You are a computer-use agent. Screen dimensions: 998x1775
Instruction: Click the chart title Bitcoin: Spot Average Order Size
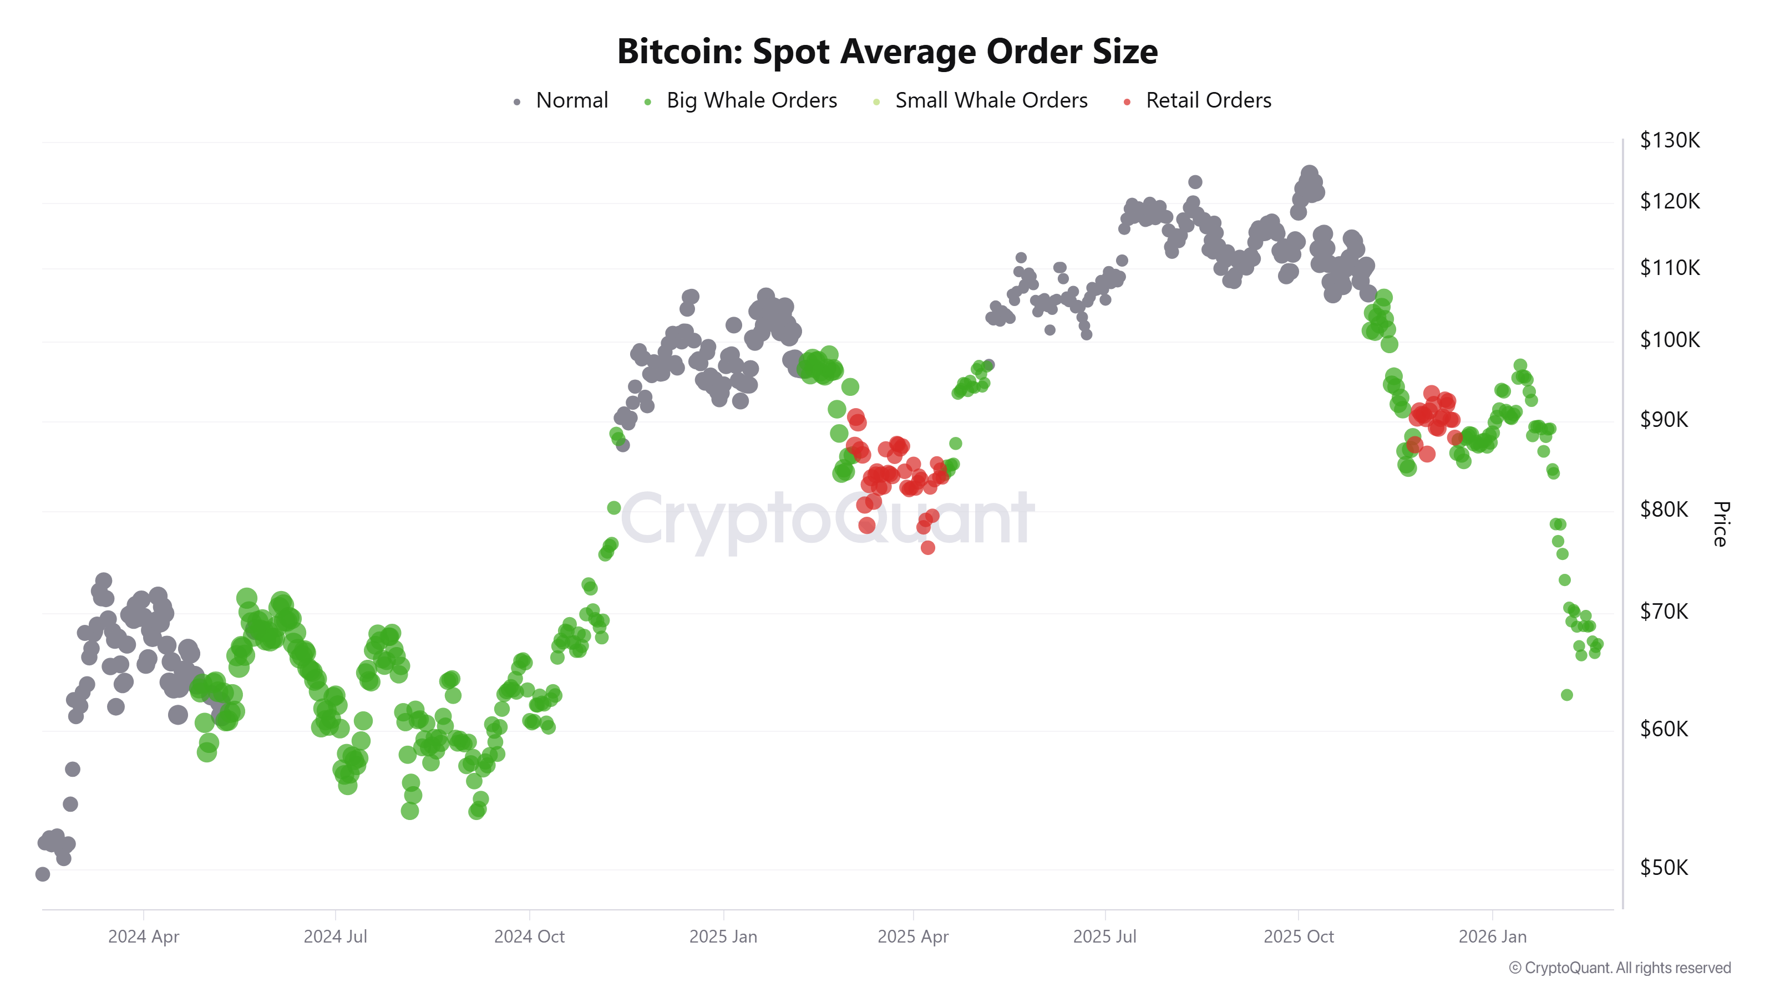pyautogui.click(x=887, y=52)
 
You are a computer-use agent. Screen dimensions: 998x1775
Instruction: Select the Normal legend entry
pyautogui.click(x=571, y=100)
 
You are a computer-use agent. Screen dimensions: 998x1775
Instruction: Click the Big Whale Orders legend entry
pyautogui.click(x=750, y=100)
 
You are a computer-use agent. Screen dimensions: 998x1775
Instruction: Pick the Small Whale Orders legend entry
pyautogui.click(x=990, y=100)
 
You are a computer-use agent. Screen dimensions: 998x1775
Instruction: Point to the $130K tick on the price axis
pyautogui.click(x=1669, y=140)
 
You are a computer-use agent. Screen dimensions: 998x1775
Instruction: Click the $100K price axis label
pyautogui.click(x=1669, y=339)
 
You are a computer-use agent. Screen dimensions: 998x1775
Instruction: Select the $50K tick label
pyautogui.click(x=1664, y=867)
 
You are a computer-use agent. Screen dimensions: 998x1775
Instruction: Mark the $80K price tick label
pyautogui.click(x=1664, y=510)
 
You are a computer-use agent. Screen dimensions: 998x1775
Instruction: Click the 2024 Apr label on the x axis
pyautogui.click(x=143, y=936)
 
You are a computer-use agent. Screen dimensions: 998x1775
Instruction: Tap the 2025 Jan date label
pyautogui.click(x=723, y=936)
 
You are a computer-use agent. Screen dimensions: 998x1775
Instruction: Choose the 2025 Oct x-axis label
pyautogui.click(x=1298, y=936)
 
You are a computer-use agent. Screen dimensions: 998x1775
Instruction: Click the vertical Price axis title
pyautogui.click(x=1720, y=523)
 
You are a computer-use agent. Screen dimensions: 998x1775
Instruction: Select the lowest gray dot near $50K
pyautogui.click(x=43, y=874)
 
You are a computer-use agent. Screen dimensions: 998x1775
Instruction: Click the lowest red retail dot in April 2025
pyautogui.click(x=927, y=548)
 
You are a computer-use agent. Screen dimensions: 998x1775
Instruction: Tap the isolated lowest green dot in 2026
pyautogui.click(x=1566, y=695)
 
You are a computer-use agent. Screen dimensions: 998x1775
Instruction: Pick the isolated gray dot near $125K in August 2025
pyautogui.click(x=1195, y=182)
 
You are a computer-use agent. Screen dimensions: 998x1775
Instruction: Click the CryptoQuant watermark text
pyautogui.click(x=827, y=518)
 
